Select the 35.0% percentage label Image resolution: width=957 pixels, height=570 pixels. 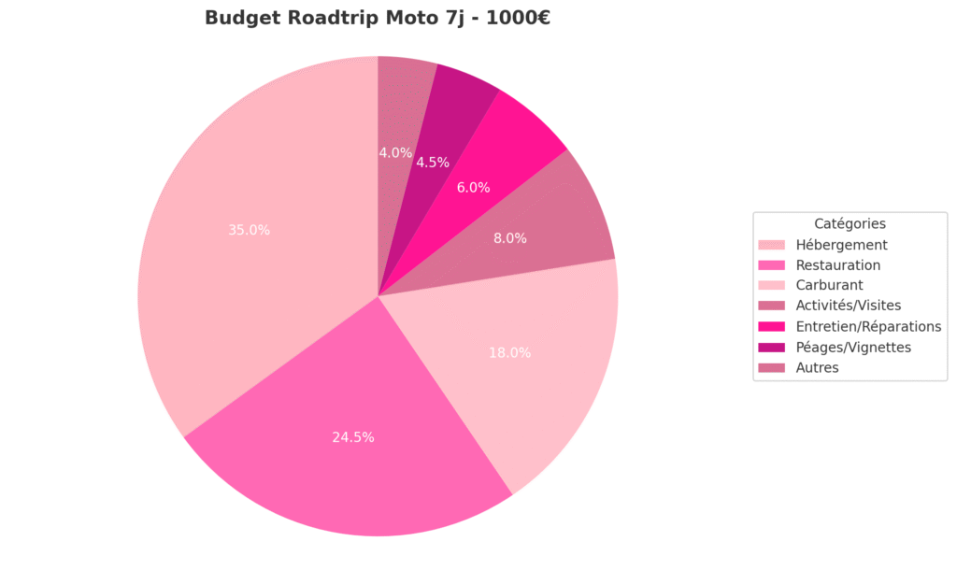pos(249,230)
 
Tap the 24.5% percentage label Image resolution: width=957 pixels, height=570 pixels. pos(353,437)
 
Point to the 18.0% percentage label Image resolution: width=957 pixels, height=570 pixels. pos(509,353)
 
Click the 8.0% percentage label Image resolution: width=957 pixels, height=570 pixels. pos(510,238)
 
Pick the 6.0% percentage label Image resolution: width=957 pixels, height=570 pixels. pos(473,187)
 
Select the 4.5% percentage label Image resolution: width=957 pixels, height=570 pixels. pos(433,163)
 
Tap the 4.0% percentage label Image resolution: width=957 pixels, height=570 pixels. pos(395,152)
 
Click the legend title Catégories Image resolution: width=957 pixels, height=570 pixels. pos(850,224)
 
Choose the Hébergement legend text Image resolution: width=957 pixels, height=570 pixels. pos(841,245)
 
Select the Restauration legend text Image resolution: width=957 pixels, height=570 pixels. pos(837,265)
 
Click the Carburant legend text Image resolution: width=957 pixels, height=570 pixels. pos(829,286)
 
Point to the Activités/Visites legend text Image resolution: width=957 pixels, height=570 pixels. pos(848,306)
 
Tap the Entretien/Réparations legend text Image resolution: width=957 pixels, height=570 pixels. pos(868,326)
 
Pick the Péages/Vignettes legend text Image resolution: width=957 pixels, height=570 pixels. pos(852,347)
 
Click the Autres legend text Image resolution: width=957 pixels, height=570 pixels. pos(817,367)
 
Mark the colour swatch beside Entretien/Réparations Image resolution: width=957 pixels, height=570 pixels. pos(772,326)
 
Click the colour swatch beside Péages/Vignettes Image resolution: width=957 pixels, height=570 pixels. pos(772,347)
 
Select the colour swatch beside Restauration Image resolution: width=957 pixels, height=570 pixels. pos(772,265)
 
